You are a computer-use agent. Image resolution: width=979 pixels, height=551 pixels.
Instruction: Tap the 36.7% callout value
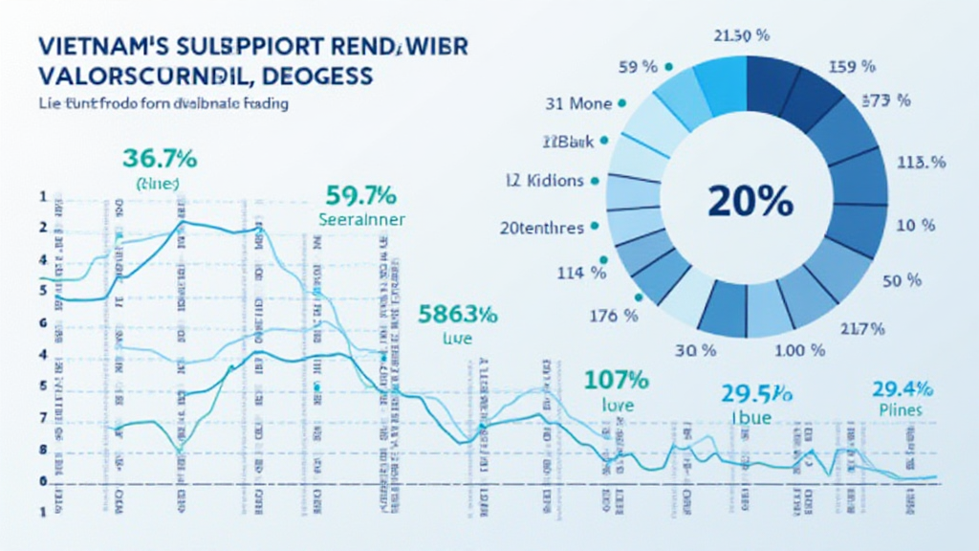tap(160, 159)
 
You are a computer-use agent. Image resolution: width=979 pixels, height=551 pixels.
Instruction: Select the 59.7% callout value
tap(360, 196)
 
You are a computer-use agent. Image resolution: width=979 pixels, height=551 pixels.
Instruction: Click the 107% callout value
tap(617, 379)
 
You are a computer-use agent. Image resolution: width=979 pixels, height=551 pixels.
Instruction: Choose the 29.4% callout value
tap(902, 388)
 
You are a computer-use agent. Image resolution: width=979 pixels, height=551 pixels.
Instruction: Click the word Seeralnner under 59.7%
tap(360, 219)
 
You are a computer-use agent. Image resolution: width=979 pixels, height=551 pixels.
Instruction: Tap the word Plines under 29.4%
tap(901, 409)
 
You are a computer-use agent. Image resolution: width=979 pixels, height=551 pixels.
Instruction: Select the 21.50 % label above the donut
tap(742, 36)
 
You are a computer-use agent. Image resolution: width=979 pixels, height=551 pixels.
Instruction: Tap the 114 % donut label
tap(581, 273)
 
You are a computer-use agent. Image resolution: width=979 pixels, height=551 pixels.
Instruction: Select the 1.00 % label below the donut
tap(797, 350)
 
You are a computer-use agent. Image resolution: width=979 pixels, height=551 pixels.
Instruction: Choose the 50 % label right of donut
tap(901, 280)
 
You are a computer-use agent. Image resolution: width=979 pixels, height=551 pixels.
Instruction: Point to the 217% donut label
tap(861, 330)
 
